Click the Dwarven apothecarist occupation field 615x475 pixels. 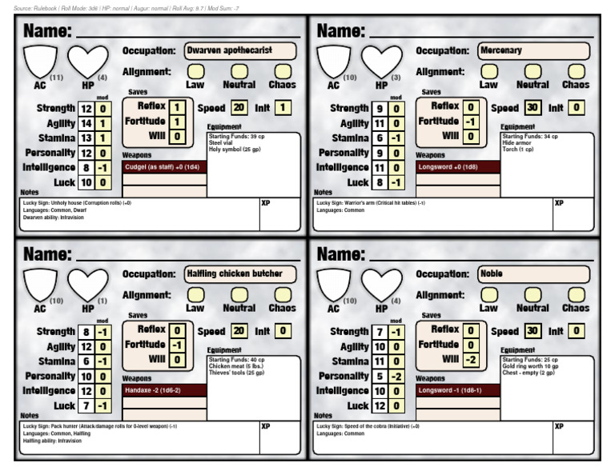239,50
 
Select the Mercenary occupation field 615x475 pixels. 533,50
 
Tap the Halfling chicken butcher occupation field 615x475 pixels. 239,273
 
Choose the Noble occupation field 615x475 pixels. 533,273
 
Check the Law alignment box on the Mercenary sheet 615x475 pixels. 488,71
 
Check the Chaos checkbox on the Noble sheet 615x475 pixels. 576,294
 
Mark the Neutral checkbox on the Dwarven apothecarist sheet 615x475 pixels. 239,71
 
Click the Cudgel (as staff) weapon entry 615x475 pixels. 164,167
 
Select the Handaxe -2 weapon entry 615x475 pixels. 164,390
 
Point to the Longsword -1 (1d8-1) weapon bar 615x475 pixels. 458,390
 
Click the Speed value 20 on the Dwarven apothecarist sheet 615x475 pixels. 239,108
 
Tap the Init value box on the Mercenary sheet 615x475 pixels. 577,108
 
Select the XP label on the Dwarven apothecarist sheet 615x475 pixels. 266,203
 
